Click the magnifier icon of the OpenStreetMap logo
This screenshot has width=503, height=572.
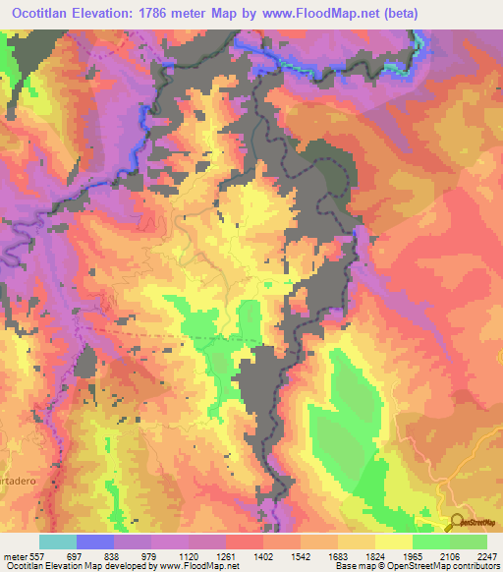tap(455, 523)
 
